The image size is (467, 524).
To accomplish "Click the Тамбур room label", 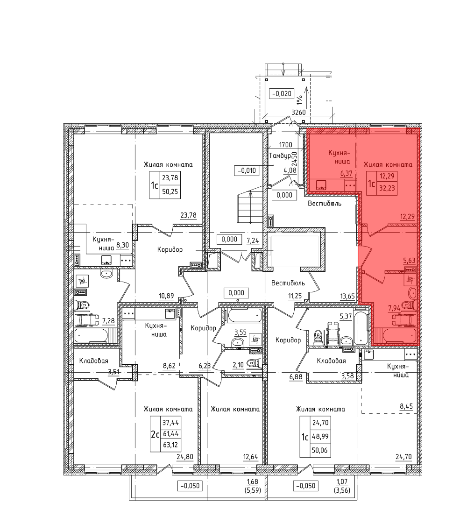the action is (x=280, y=156).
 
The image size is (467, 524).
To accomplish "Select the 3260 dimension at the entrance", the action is (x=298, y=113).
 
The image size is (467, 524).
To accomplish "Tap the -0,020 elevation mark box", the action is (x=282, y=94).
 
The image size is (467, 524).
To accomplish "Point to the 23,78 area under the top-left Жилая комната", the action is (x=188, y=216).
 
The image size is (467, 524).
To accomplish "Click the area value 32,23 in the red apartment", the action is (x=387, y=188).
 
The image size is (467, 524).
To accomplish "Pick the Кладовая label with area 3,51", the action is (x=94, y=361).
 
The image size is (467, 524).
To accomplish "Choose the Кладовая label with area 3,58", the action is (x=332, y=361).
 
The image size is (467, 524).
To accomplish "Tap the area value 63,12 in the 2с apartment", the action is (x=170, y=445).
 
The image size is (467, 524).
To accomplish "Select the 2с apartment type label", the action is (x=155, y=434).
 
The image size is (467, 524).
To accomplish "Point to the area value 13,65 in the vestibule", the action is (x=347, y=296).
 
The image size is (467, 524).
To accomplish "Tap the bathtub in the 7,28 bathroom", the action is (x=91, y=335).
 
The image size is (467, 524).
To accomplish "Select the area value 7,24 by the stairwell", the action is (x=253, y=241).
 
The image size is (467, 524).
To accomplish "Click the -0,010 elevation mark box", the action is (x=247, y=171).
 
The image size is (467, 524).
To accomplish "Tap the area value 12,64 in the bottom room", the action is (x=250, y=457).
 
